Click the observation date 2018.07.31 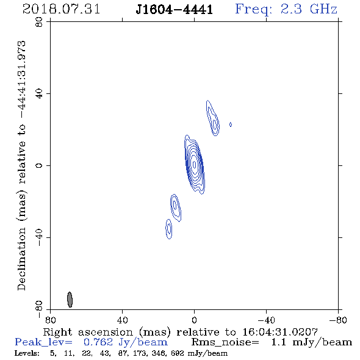click(61, 9)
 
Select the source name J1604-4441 click(175, 10)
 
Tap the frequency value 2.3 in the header click(291, 9)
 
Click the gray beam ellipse click(70, 300)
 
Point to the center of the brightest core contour click(195, 164)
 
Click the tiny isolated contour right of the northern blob click(231, 124)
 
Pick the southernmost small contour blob click(169, 229)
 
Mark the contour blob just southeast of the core click(176, 207)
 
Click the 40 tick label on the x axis click(122, 320)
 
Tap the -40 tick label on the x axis click(266, 320)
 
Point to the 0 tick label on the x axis click(194, 320)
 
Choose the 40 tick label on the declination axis click(39, 94)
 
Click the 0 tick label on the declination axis click(39, 165)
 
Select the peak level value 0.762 click(98, 342)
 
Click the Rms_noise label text click(225, 342)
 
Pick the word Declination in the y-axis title click(21, 259)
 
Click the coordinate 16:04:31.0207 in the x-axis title click(280, 332)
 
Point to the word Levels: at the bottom click(27, 353)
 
